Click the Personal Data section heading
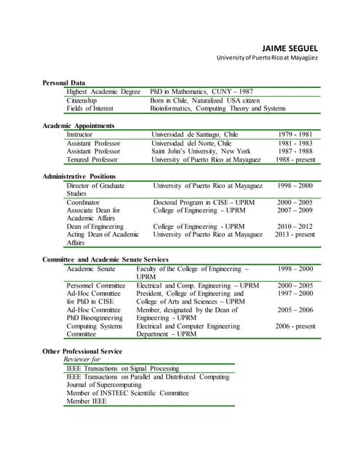point(63,83)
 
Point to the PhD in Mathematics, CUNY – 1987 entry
point(201,92)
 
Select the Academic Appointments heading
point(83,126)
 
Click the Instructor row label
point(79,134)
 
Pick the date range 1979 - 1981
point(295,134)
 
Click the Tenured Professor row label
point(93,160)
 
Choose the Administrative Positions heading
point(79,177)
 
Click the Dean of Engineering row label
point(95,227)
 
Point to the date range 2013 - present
point(295,235)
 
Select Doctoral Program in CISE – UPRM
point(204,202)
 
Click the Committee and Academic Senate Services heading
point(105,259)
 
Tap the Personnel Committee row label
point(96,286)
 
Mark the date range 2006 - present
point(295,326)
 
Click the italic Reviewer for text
point(82,360)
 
